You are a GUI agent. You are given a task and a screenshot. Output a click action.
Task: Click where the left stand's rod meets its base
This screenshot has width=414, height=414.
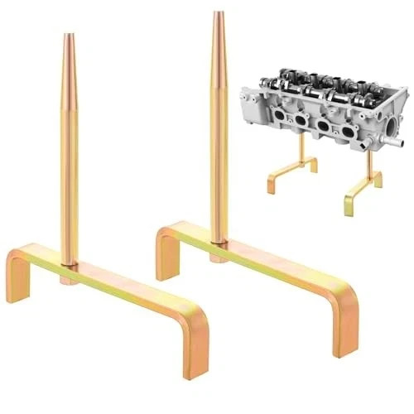coord(70,264)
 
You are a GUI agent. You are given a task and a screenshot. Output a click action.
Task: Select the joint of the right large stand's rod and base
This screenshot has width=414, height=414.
coord(219,242)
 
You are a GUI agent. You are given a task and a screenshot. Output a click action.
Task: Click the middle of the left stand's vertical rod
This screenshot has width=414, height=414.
coord(69,149)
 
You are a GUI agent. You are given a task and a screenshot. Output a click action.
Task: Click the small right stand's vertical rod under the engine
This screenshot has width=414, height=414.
coord(365,166)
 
